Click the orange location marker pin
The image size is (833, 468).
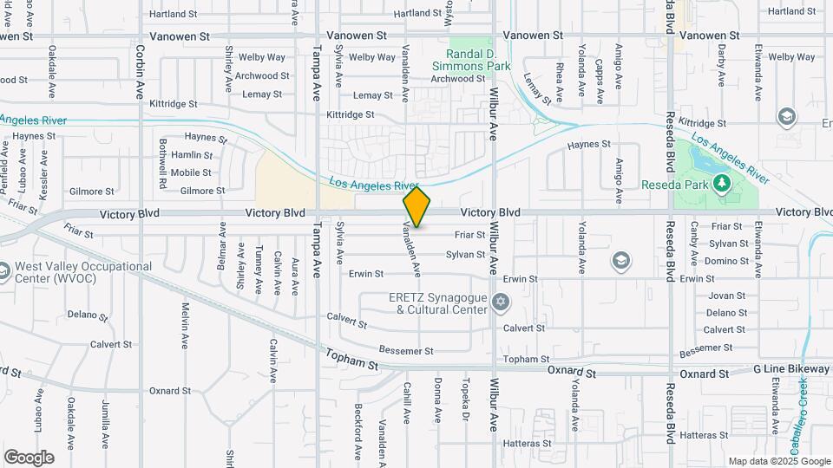pos(417,207)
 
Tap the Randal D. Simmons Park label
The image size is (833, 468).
pos(472,58)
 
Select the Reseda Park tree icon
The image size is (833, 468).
pos(721,183)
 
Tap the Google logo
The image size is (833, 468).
pos(29,457)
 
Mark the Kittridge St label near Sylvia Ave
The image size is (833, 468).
pos(350,114)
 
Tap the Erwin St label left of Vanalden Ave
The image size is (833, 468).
pos(366,274)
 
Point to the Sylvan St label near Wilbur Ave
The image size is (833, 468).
pos(465,255)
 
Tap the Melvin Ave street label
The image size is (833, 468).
pos(185,326)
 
